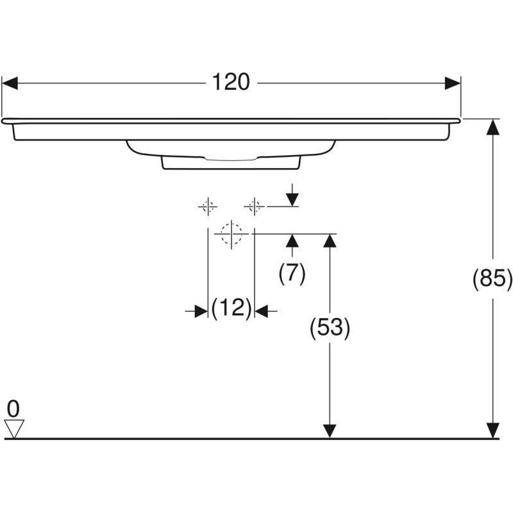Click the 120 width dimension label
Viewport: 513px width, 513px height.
231,83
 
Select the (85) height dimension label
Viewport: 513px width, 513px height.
492,278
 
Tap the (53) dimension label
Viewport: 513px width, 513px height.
330,328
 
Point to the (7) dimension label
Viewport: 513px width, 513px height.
292,274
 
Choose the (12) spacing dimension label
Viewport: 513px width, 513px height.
231,310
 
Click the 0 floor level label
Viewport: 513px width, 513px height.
13,408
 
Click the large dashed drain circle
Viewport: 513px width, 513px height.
231,234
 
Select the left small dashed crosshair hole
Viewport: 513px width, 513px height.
207,206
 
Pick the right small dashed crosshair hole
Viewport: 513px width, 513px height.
254,206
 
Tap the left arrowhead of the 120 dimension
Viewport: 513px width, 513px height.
10,83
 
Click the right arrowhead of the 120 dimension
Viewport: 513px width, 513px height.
453,83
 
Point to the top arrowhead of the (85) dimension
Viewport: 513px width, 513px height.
492,127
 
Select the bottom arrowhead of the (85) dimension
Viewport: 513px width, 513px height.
492,430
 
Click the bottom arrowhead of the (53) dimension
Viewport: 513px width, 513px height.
330,430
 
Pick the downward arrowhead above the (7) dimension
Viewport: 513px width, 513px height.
292,198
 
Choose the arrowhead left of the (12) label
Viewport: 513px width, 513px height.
201,311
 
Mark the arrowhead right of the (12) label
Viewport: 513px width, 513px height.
261,311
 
